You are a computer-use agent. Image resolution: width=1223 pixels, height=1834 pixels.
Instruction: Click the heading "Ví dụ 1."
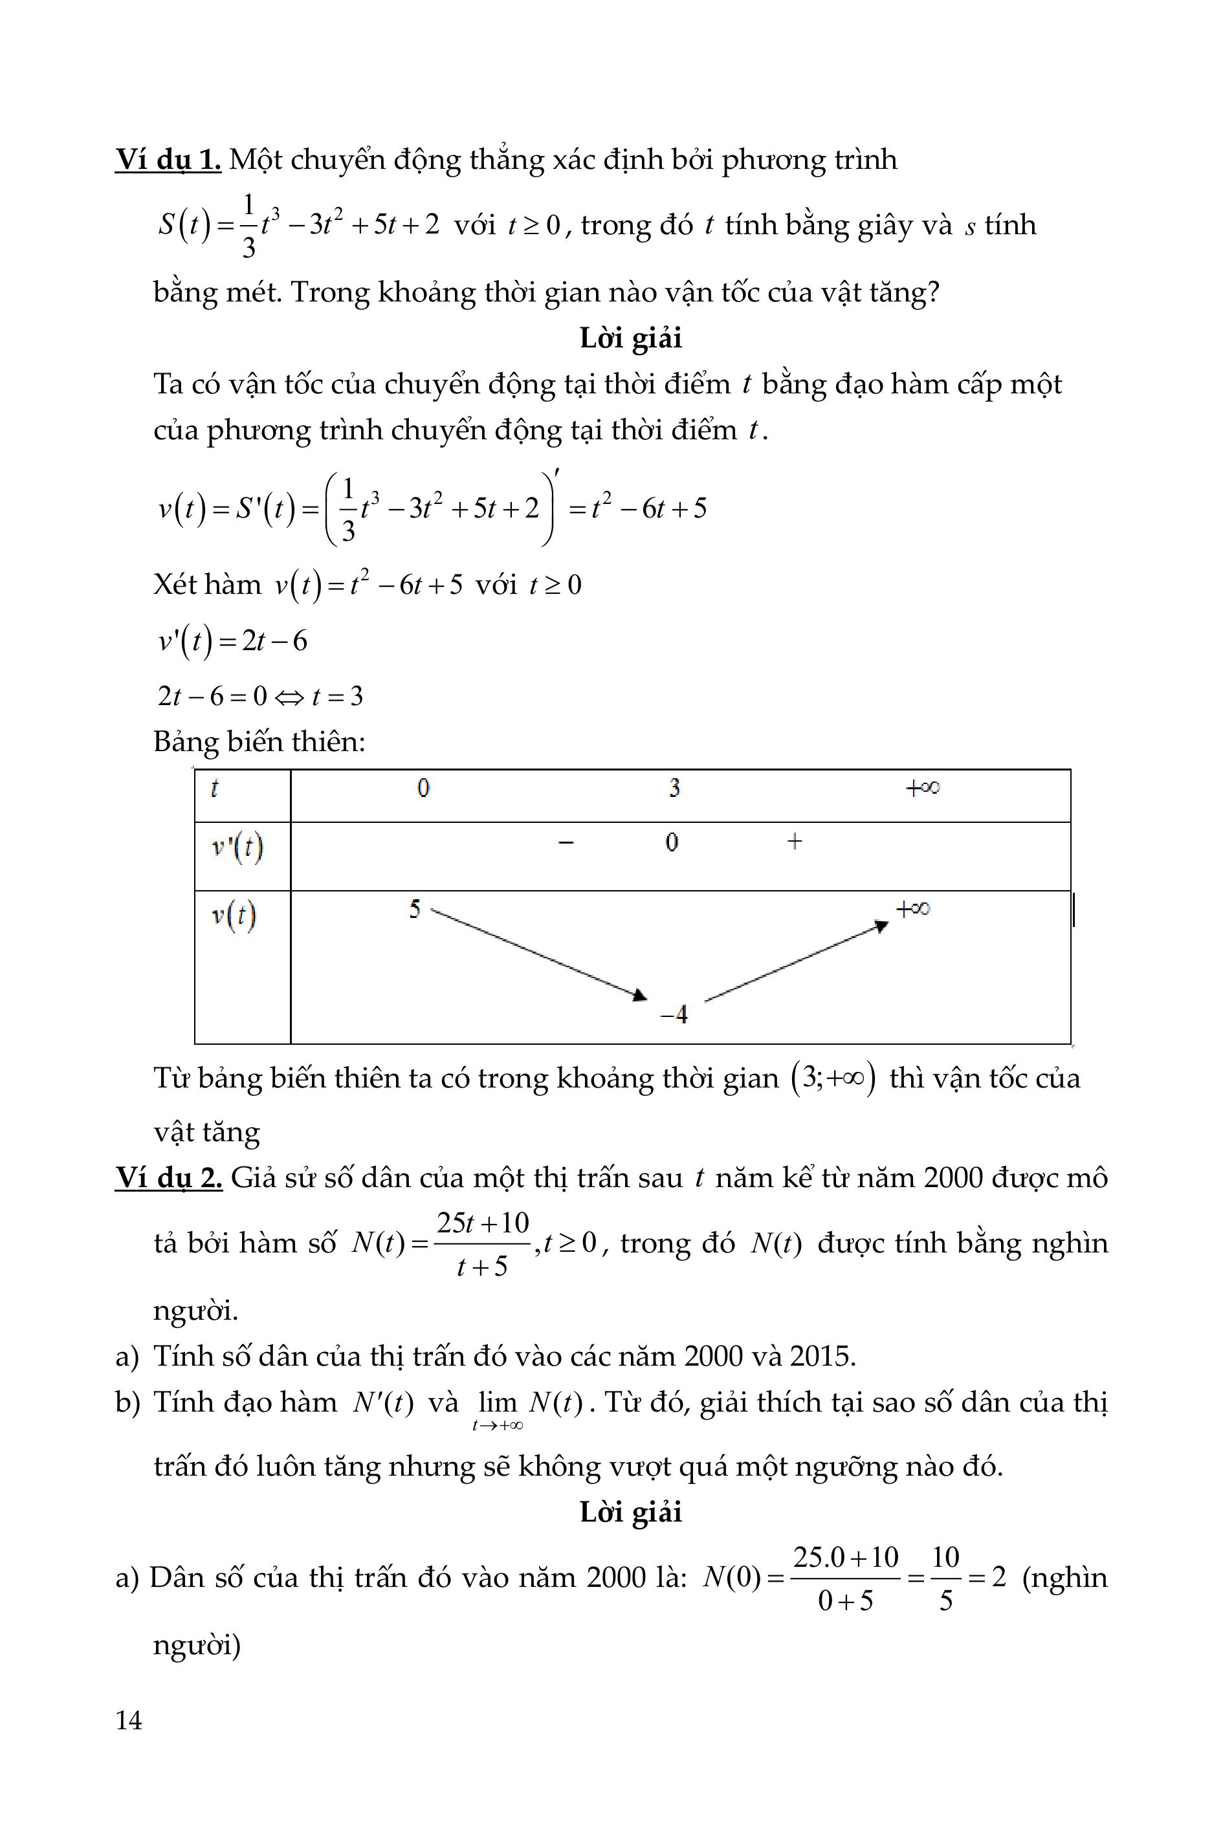[168, 160]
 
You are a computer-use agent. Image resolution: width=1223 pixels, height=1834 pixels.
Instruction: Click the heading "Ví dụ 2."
[168, 1177]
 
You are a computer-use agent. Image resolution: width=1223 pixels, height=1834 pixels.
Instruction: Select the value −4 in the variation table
[674, 1014]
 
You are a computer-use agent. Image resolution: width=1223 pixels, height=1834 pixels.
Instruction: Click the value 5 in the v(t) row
[415, 909]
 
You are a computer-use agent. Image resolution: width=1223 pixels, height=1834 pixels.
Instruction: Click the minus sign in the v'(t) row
[566, 842]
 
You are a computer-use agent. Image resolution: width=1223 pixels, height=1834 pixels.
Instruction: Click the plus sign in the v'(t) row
[794, 842]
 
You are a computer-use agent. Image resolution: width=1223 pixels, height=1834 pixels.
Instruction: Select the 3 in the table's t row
[674, 789]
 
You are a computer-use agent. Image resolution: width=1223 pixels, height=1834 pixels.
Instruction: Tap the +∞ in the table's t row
[922, 789]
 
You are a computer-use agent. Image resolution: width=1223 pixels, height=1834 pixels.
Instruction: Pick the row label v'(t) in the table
[237, 847]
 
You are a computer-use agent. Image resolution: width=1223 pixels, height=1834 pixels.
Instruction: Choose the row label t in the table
[214, 789]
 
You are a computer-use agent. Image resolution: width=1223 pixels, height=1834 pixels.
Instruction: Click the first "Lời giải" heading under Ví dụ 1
[630, 338]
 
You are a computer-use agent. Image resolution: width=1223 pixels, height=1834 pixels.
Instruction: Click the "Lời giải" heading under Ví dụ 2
[630, 1512]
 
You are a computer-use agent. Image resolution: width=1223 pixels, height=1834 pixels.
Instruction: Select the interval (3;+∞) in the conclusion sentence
[833, 1079]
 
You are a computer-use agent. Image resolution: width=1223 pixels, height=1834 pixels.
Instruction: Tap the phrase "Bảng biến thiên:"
[259, 741]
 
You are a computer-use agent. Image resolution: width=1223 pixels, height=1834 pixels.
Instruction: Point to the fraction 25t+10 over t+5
[482, 1243]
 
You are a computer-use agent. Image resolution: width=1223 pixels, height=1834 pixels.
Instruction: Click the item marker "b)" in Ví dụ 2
[127, 1402]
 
